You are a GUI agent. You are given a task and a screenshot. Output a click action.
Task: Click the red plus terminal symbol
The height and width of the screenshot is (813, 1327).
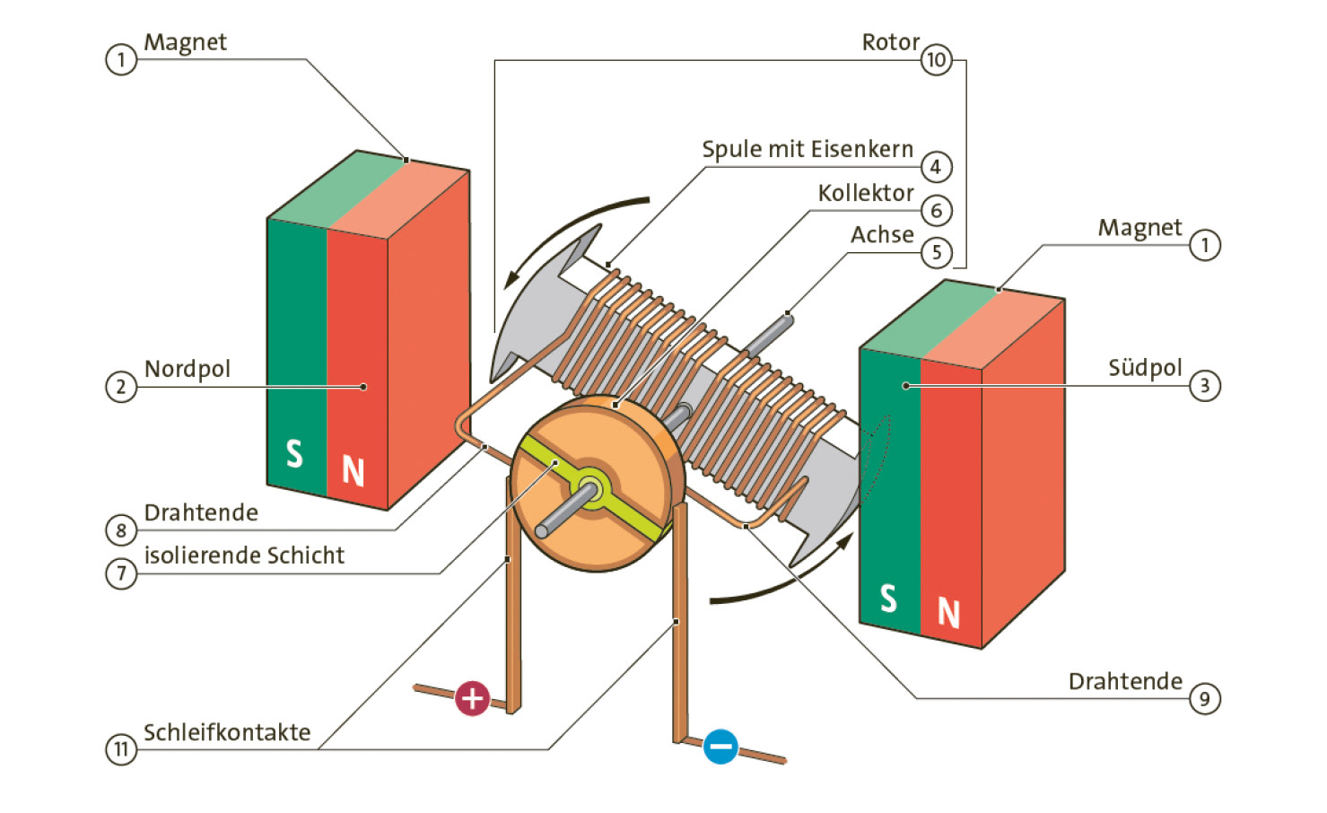(x=473, y=698)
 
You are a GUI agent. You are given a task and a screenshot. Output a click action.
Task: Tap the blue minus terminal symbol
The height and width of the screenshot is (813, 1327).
(x=720, y=747)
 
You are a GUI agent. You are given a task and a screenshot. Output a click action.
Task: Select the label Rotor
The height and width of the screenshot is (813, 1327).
(x=890, y=42)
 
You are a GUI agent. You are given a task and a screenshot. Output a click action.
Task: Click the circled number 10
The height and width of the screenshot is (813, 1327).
(x=936, y=60)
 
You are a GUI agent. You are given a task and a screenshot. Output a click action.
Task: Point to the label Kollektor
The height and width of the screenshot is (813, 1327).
(x=865, y=193)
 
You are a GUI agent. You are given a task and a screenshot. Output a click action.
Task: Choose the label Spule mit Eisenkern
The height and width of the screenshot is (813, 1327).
(x=807, y=149)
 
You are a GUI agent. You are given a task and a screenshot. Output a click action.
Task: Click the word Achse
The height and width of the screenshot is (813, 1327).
(x=882, y=235)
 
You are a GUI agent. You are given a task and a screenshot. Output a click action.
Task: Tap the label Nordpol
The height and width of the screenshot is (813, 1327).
(x=187, y=369)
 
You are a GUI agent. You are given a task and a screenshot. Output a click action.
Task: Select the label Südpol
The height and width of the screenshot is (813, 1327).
(x=1145, y=368)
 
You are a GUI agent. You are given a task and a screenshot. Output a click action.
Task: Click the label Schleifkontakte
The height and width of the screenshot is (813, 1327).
(x=227, y=733)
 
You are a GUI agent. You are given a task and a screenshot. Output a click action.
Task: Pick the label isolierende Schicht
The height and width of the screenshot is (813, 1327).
(x=244, y=555)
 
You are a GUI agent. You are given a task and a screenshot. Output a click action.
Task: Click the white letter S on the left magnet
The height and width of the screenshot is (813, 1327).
(x=294, y=454)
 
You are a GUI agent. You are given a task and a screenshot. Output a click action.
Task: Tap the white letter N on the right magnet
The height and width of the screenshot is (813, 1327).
(x=948, y=613)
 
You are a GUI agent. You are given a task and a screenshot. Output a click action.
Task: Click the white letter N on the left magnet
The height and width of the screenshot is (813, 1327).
(x=353, y=471)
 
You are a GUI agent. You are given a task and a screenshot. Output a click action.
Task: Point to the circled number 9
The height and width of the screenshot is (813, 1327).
(x=1205, y=699)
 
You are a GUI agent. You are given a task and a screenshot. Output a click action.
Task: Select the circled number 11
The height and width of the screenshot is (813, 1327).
(x=121, y=749)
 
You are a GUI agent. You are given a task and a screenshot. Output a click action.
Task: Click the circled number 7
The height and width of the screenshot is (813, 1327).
(x=121, y=573)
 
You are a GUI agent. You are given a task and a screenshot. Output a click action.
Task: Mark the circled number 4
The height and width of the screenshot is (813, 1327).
(x=936, y=167)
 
